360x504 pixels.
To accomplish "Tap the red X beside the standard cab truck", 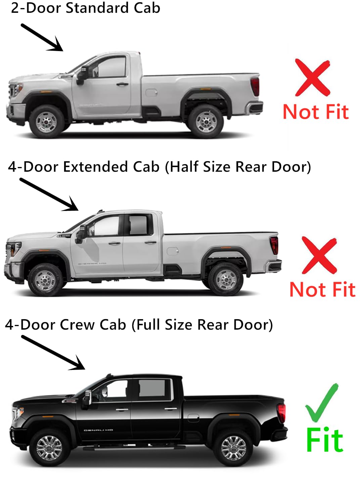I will click(x=313, y=77).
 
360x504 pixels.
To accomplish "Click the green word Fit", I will click(x=324, y=440).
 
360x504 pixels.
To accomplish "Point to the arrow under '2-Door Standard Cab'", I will click(x=42, y=37).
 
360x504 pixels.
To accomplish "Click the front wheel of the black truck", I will click(x=49, y=448).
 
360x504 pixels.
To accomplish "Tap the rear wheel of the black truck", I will click(x=233, y=448).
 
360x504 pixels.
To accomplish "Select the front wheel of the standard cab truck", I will click(x=46, y=121).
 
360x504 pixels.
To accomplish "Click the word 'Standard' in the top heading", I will click(x=97, y=8).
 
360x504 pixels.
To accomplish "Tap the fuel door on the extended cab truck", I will click(x=172, y=251).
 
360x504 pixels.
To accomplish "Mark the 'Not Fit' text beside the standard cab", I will click(x=316, y=112).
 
